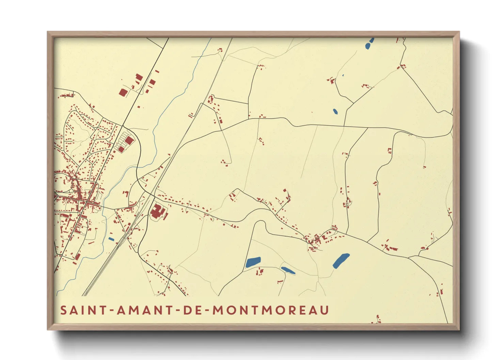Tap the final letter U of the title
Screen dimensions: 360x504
click(325, 310)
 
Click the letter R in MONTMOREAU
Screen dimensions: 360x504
click(292, 310)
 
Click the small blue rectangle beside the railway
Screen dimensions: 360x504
click(111, 239)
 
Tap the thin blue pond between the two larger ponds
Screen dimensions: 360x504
click(288, 271)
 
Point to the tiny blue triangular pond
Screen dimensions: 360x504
click(343, 75)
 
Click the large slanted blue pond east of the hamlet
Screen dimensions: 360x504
click(341, 261)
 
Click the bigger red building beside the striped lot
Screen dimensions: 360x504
click(129, 140)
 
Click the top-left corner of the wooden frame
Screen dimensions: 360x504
click(48, 32)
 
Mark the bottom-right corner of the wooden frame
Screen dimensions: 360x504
click(459, 329)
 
